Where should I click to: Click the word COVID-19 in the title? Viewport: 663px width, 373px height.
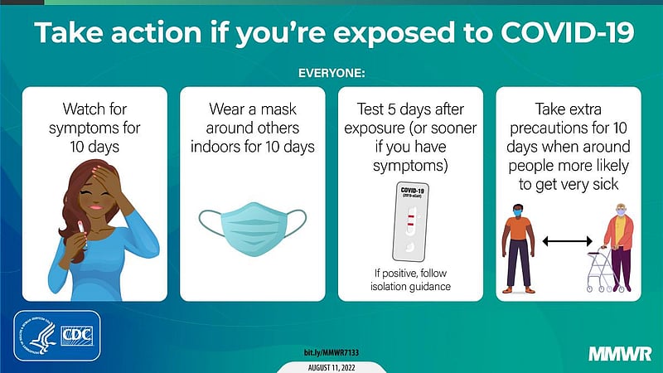point(568,32)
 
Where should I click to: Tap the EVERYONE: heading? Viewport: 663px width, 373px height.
point(331,73)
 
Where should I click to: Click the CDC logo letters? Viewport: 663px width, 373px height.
point(76,336)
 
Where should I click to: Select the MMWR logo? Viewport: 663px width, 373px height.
point(620,354)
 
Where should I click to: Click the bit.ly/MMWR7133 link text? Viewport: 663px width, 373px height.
point(331,352)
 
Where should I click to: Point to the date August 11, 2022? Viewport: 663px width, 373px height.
point(331,367)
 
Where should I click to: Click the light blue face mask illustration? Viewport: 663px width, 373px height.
point(253,230)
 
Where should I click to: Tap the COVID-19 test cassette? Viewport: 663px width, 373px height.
point(409,222)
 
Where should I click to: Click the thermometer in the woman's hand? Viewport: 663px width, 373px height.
point(82,234)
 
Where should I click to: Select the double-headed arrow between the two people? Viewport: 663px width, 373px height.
point(567,241)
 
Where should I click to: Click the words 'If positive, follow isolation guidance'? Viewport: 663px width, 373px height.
point(410,279)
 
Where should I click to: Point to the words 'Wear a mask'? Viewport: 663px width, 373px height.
point(253,109)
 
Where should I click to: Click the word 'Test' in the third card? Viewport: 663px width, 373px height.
point(370,109)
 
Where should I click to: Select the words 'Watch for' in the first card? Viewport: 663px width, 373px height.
point(94,109)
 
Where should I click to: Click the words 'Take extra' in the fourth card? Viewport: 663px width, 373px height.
point(569,109)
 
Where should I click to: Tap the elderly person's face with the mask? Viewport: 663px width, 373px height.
point(621,211)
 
